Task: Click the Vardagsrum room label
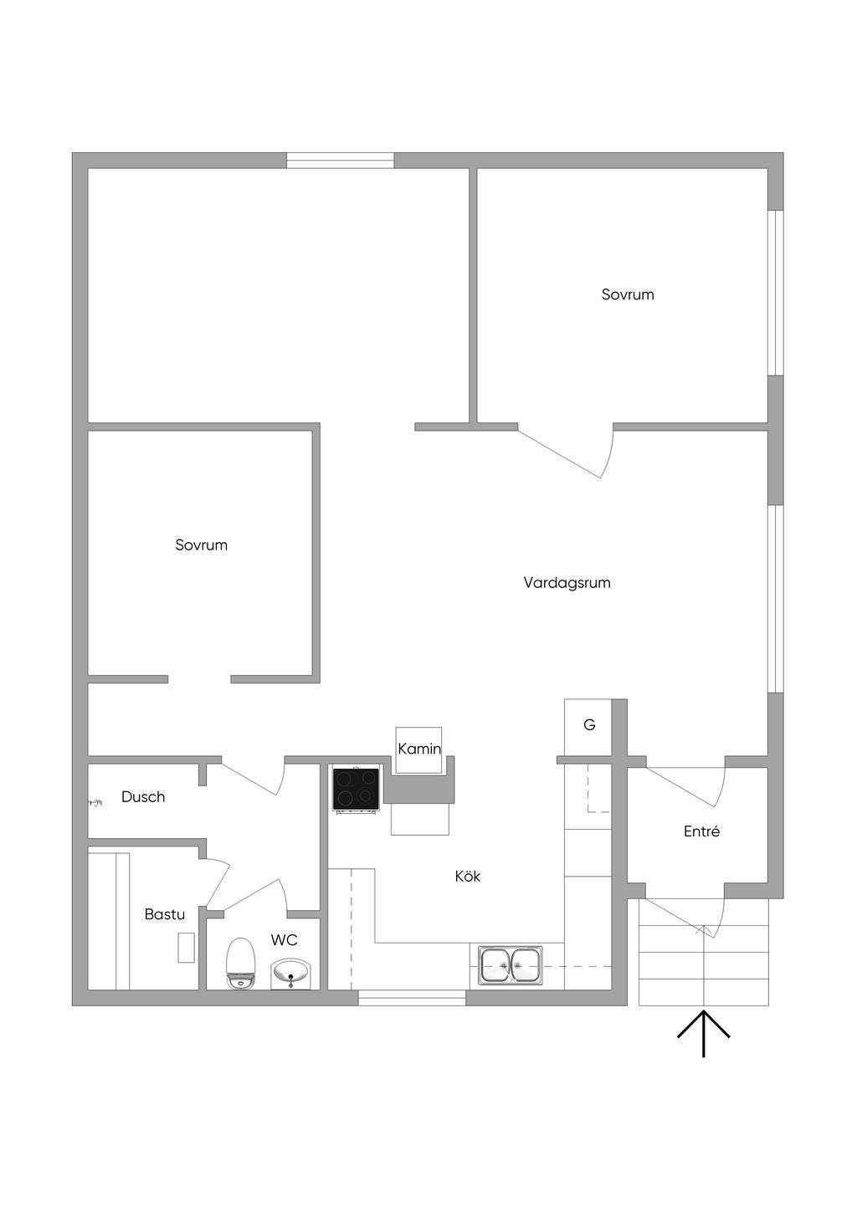click(567, 583)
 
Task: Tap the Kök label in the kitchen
click(468, 876)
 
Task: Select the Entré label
click(701, 831)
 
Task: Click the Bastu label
click(165, 914)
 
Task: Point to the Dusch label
click(143, 796)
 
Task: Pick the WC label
click(285, 940)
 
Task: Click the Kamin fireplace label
click(419, 749)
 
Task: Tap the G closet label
click(589, 724)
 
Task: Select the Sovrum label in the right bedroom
click(628, 294)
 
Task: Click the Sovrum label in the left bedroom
click(201, 545)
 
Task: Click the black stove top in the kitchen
click(356, 790)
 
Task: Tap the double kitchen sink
click(510, 964)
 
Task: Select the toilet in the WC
click(240, 964)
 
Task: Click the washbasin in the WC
click(292, 974)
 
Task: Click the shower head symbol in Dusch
click(95, 803)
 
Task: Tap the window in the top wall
click(341, 161)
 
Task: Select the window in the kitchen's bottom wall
click(412, 998)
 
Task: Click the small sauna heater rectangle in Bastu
click(187, 948)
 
